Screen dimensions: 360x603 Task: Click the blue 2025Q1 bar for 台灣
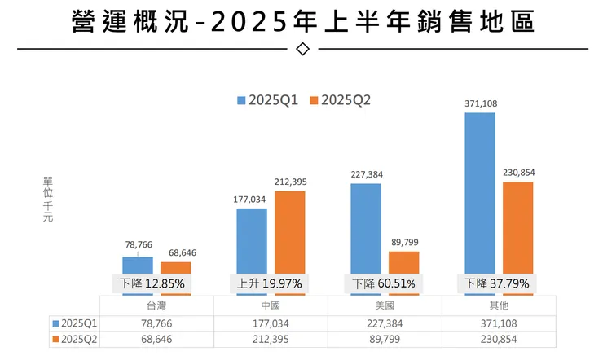[x=138, y=266]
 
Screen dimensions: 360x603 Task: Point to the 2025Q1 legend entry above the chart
[x=268, y=100]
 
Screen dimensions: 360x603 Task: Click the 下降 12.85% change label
[x=152, y=283]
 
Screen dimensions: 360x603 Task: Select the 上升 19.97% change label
[x=270, y=283]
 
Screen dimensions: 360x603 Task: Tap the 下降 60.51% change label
[x=384, y=283]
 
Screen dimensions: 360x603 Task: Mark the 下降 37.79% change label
[x=497, y=283]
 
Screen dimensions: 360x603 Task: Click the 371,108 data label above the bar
[x=480, y=103]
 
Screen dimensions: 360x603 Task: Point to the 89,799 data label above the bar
[x=403, y=242]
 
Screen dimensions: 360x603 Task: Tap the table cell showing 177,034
[x=271, y=322]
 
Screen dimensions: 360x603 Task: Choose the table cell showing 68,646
[x=156, y=339]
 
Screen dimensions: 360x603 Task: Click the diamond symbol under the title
[x=302, y=49]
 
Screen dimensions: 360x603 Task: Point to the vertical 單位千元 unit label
[x=47, y=200]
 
